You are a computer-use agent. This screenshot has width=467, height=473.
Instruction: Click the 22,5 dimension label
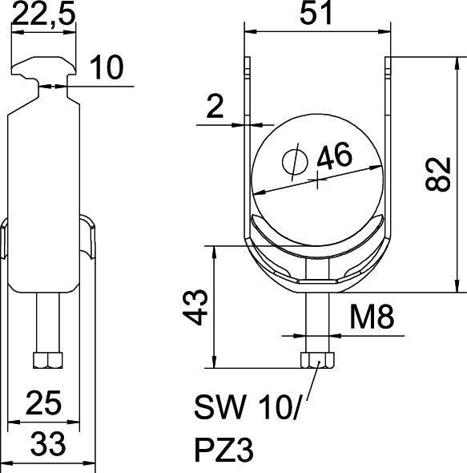pyautogui.click(x=45, y=18)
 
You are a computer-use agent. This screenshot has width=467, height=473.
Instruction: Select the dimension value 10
pyautogui.click(x=105, y=69)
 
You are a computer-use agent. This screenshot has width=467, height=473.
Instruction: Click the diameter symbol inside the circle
pyautogui.click(x=294, y=161)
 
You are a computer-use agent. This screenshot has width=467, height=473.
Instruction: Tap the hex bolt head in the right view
pyautogui.click(x=317, y=360)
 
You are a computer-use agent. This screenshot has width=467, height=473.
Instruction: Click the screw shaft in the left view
pyautogui.click(x=47, y=321)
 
